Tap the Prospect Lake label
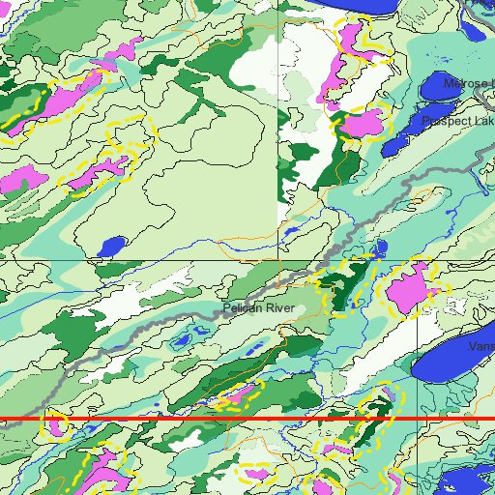click(x=457, y=122)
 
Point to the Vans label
click(x=480, y=346)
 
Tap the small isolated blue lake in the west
click(x=112, y=247)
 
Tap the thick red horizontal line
click(x=193, y=420)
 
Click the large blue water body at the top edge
click(x=363, y=8)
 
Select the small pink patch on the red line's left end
click(x=57, y=422)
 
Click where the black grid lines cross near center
click(x=279, y=260)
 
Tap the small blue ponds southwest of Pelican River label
click(x=181, y=340)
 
